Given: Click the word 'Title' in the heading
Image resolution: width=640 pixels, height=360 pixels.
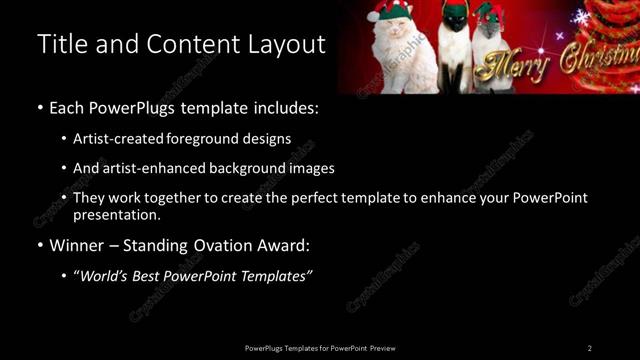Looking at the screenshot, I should coord(59,45).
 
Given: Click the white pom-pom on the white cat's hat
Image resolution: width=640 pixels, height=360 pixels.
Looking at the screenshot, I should coord(373,16).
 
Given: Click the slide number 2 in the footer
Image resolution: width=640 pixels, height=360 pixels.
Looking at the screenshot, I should coord(590,348).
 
